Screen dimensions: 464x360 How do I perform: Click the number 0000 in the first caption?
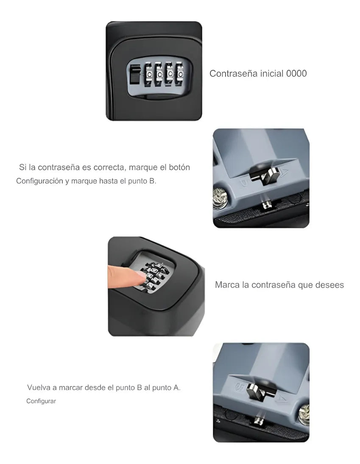[296, 74]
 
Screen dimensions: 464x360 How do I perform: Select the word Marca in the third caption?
[227, 285]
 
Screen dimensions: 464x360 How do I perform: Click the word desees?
[329, 285]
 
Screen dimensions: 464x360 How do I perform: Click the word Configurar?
[41, 401]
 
